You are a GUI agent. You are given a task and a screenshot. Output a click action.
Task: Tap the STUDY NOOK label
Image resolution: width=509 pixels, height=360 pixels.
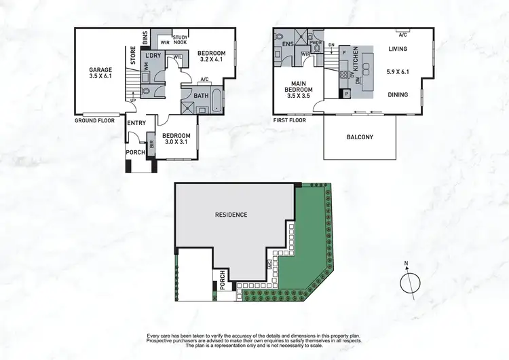pyautogui.click(x=181, y=39)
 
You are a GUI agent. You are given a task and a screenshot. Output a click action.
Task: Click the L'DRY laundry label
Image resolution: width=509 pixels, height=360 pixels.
pyautogui.click(x=153, y=56)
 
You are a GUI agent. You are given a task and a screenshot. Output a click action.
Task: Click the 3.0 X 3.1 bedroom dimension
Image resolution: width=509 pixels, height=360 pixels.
pyautogui.click(x=176, y=142)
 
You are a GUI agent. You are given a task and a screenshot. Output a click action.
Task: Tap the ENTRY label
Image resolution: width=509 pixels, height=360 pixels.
pyautogui.click(x=136, y=122)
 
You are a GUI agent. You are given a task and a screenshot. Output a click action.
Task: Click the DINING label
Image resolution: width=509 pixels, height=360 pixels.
pyautogui.click(x=398, y=94)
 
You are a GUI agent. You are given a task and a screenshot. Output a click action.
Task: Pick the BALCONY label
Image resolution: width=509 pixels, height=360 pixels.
pyautogui.click(x=359, y=137)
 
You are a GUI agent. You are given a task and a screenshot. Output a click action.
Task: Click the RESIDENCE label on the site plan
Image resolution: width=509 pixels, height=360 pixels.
pyautogui.click(x=231, y=215)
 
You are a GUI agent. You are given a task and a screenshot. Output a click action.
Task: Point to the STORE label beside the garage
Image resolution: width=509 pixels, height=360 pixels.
pyautogui.click(x=133, y=54)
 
